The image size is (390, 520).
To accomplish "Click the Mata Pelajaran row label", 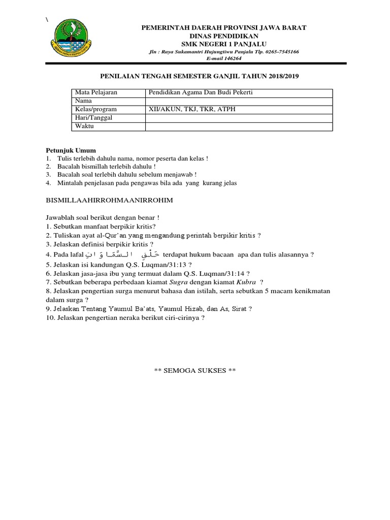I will tap(96, 92).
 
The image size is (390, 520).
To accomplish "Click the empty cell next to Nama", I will tap(239, 101).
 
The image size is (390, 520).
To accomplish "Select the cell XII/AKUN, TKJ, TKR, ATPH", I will tap(192, 109).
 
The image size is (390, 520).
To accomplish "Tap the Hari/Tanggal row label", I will tap(93, 118).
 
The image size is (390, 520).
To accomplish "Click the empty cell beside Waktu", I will tap(239, 126).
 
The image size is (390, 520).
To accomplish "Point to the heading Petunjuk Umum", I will tap(71, 151).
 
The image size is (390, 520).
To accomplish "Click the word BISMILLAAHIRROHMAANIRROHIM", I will tap(110, 201).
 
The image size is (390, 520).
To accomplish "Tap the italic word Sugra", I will tap(179, 282).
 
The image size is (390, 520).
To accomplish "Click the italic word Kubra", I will tap(246, 282).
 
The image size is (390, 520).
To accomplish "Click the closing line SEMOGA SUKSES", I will tap(195, 371).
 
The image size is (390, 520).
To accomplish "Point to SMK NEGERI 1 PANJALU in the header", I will tap(224, 44).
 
